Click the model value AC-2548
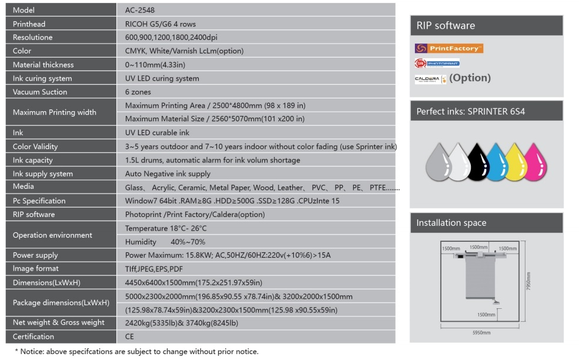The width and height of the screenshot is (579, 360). click(140, 11)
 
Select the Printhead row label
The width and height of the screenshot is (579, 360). click(29, 24)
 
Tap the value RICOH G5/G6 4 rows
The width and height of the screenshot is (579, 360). click(160, 24)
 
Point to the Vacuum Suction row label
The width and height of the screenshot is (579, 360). click(40, 92)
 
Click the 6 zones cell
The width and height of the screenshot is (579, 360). click(138, 92)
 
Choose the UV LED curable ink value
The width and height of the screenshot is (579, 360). click(158, 133)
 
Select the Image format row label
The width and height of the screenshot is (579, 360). click(36, 269)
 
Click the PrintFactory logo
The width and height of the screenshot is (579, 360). click(449, 48)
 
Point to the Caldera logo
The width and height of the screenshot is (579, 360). click(427, 78)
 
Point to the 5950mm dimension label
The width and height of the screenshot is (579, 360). click(481, 332)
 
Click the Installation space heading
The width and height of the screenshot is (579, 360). click(451, 223)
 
